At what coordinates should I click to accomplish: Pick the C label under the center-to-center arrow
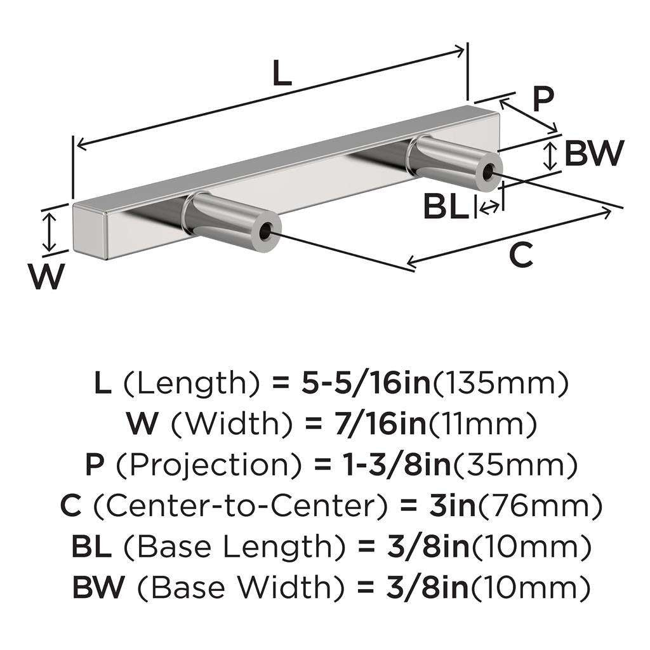[521, 256]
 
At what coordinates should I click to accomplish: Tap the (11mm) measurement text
[484, 424]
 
